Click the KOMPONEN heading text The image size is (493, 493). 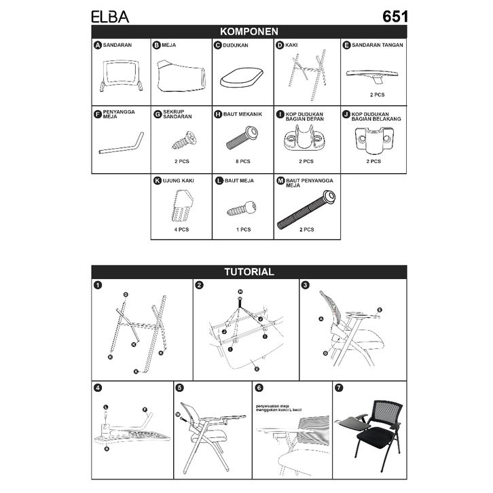point(249,31)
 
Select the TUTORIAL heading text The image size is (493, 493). point(249,272)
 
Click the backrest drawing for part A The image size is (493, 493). point(121,73)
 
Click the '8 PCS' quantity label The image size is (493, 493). point(242,162)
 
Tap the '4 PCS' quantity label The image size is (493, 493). point(181,230)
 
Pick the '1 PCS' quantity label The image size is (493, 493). point(242,230)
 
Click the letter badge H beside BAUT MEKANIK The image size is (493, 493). point(218,115)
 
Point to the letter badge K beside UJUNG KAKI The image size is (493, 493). point(158,181)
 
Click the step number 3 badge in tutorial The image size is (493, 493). point(306,285)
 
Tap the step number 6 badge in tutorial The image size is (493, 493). point(259,388)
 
